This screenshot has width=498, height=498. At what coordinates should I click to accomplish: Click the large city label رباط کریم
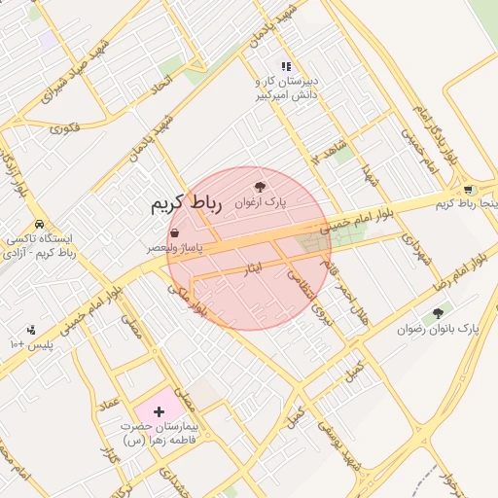point(187,204)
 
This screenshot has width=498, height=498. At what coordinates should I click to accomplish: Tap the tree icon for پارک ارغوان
point(259,186)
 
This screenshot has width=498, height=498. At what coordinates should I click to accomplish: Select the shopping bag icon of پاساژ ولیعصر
point(174,233)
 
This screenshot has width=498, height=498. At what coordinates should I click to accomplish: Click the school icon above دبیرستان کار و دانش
point(286,66)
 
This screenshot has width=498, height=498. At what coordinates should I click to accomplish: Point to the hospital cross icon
point(159,412)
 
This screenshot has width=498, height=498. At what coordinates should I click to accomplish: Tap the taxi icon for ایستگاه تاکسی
point(38,223)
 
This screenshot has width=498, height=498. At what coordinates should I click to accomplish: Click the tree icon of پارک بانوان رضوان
point(437,313)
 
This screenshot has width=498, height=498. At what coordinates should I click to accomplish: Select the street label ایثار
point(252,267)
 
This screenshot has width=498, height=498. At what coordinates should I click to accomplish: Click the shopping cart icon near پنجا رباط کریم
point(468,190)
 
